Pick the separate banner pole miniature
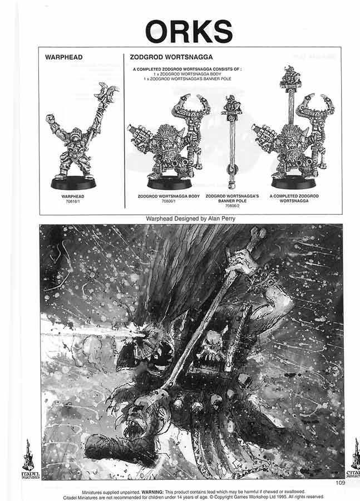230,142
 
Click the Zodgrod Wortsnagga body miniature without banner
167,145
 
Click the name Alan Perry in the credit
220,219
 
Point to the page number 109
341,483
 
